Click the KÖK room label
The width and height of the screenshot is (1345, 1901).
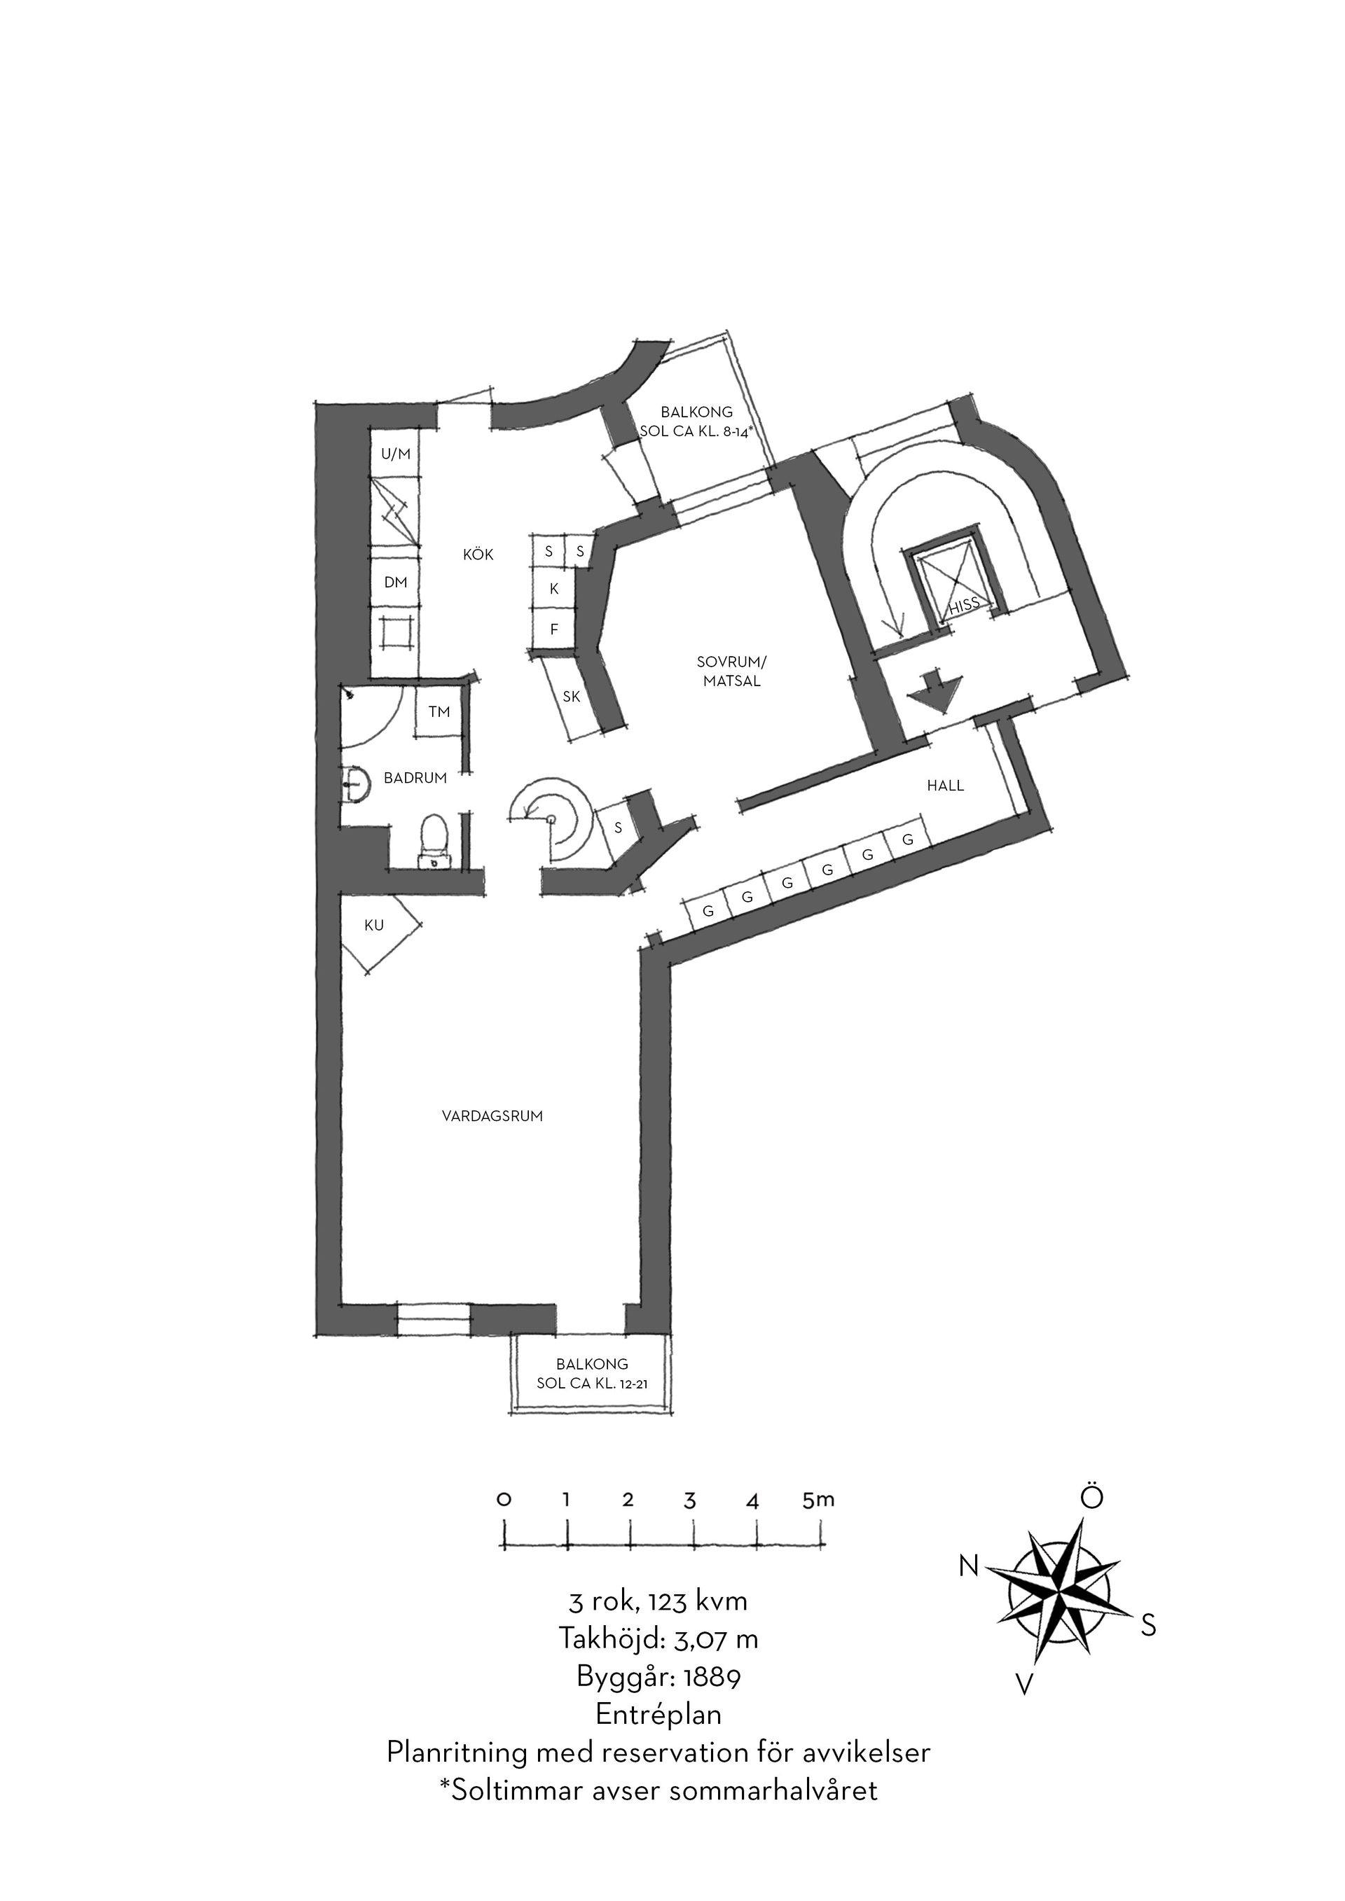point(478,555)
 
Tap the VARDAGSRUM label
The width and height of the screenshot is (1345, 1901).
point(492,1116)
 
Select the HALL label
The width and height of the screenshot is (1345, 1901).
point(945,786)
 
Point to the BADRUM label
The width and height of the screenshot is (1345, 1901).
point(415,779)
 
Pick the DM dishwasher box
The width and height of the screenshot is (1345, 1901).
point(395,583)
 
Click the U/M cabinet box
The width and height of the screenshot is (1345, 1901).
point(395,454)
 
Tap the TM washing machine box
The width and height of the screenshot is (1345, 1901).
point(439,711)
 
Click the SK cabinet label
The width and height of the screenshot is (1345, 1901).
point(572,697)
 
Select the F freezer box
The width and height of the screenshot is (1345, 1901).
point(554,629)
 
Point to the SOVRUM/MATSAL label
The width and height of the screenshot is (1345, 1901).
point(732,671)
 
